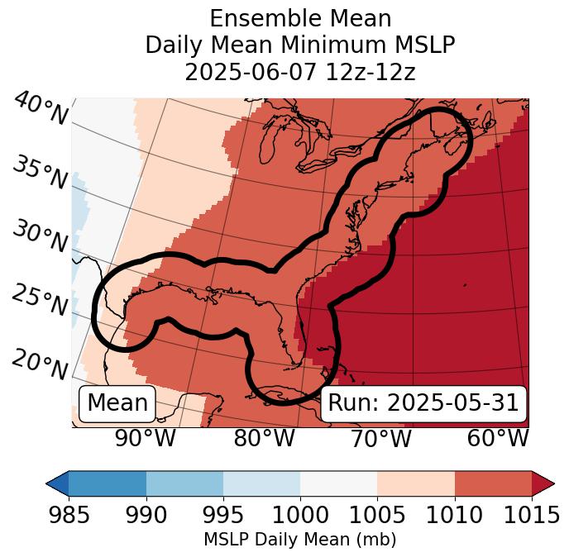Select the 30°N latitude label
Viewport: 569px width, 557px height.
pyautogui.click(x=39, y=237)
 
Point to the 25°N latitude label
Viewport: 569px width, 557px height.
pyautogui.click(x=40, y=301)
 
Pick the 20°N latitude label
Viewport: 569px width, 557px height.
pyautogui.click(x=41, y=363)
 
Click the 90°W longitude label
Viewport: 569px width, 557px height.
pyautogui.click(x=146, y=439)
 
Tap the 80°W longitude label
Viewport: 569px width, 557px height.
pyautogui.click(x=264, y=439)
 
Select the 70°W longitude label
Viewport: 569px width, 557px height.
pyautogui.click(x=381, y=439)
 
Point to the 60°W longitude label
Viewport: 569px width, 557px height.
pyautogui.click(x=498, y=439)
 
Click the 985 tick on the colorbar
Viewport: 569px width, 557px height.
pyautogui.click(x=69, y=516)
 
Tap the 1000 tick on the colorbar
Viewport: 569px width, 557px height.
pyautogui.click(x=299, y=516)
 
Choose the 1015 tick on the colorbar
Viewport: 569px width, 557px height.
pyautogui.click(x=531, y=516)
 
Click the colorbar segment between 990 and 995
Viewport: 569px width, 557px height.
pyautogui.click(x=184, y=483)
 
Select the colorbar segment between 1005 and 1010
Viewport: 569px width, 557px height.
pyautogui.click(x=416, y=483)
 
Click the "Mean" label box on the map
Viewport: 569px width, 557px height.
pyautogui.click(x=117, y=403)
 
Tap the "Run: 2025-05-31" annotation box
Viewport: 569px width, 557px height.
pyautogui.click(x=423, y=403)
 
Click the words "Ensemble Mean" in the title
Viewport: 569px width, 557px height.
pyautogui.click(x=300, y=18)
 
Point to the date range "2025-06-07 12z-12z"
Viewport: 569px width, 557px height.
pyautogui.click(x=300, y=72)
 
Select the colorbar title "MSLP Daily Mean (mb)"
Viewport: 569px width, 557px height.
pyautogui.click(x=299, y=540)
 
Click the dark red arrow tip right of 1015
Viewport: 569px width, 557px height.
pyautogui.click(x=543, y=483)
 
